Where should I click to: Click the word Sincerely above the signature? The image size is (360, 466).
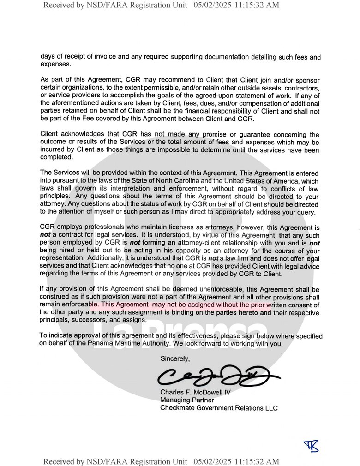point(175,358)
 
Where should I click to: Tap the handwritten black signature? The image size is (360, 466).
point(217,377)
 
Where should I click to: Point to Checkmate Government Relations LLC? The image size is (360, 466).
point(219,408)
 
